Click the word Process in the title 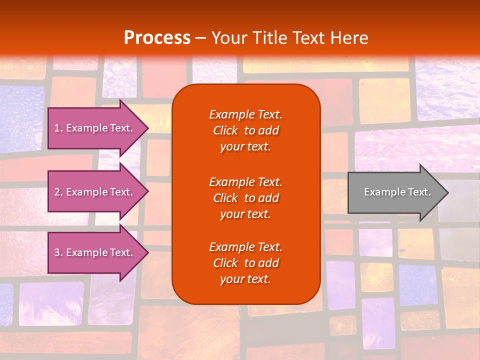[157, 38]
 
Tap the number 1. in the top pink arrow [58, 128]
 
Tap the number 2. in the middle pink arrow [58, 192]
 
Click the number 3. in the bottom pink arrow [58, 252]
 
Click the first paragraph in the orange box [245, 130]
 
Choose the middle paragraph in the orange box [245, 197]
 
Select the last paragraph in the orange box [245, 263]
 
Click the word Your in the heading [227, 38]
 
